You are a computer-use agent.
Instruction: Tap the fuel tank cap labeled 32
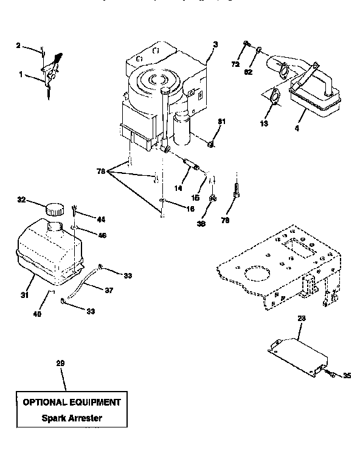54,208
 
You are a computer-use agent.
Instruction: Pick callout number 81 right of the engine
221,122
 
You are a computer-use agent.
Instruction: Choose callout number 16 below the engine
175,208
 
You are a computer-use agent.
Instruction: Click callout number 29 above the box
60,363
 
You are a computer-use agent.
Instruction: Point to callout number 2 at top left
18,45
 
